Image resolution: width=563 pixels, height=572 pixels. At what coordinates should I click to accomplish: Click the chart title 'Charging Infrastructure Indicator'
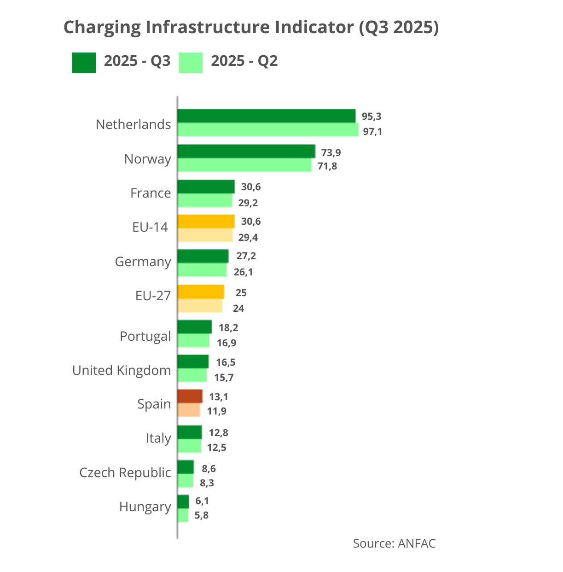[251, 28]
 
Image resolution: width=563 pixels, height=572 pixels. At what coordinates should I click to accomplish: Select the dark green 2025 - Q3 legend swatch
[84, 63]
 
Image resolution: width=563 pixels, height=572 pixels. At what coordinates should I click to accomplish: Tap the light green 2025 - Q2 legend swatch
[191, 63]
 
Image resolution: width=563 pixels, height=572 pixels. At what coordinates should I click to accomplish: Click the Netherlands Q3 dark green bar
[267, 116]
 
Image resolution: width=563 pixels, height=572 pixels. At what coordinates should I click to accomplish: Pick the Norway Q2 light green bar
[244, 165]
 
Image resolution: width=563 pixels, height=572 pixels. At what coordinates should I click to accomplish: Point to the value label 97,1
[372, 132]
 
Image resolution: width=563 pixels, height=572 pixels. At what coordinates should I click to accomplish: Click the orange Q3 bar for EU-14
[206, 222]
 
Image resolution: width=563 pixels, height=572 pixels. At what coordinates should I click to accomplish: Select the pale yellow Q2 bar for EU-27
[200, 306]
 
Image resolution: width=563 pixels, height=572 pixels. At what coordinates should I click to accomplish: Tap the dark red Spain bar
[190, 396]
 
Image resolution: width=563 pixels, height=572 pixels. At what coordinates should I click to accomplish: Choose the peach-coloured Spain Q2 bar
[189, 410]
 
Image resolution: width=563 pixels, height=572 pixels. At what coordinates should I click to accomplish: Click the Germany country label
[143, 262]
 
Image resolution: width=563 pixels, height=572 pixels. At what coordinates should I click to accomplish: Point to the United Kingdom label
[122, 370]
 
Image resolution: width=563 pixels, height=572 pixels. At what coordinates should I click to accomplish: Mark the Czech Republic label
[125, 473]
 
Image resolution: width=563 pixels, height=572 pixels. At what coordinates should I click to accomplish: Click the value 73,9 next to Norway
[331, 153]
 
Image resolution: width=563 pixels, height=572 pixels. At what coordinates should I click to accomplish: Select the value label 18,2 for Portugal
[228, 328]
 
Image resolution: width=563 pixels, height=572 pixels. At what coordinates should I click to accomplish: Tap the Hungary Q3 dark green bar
[183, 502]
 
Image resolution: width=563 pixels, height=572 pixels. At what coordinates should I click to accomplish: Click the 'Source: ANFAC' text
[394, 543]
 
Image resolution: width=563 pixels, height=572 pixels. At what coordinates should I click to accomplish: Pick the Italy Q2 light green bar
[190, 446]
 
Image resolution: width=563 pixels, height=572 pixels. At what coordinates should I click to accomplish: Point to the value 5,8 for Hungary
[201, 515]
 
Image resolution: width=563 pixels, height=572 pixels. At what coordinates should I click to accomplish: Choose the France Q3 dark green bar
[206, 187]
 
